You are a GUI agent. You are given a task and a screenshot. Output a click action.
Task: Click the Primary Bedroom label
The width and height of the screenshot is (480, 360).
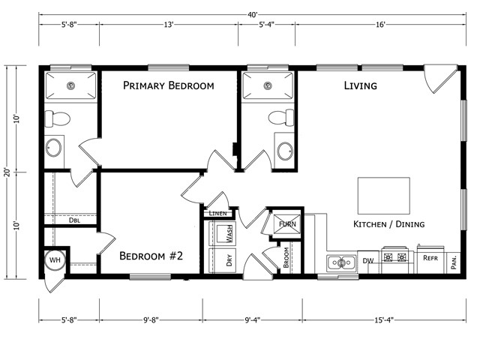pos(169,85)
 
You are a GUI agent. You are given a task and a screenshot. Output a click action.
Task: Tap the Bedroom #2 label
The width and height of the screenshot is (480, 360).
pos(151,256)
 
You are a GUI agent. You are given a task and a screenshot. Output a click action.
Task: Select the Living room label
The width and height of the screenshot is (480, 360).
pos(360,85)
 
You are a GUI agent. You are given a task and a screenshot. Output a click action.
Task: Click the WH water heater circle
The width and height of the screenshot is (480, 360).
pos(55,260)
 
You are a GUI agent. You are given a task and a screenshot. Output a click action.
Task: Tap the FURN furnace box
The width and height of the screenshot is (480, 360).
pos(286,223)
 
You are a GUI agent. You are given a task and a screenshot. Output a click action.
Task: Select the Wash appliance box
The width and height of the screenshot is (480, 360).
pos(226,234)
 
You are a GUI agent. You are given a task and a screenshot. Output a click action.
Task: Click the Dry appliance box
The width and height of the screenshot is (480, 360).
pos(226,261)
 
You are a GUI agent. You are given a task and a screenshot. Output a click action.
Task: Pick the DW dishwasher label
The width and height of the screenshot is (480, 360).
pos(368,261)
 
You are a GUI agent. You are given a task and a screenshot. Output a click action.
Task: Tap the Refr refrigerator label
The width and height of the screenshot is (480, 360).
pos(430,258)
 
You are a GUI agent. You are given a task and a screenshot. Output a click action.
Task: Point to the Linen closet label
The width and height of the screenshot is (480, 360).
pos(217,214)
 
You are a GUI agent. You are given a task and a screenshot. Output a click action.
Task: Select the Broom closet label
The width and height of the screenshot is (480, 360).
pos(286,259)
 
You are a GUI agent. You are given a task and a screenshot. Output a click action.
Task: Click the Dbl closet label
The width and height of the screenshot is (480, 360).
pos(75,220)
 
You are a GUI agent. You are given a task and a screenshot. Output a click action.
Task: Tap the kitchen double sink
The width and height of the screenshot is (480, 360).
pos(342,262)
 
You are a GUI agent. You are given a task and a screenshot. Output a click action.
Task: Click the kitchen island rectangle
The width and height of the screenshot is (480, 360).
pos(384,196)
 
